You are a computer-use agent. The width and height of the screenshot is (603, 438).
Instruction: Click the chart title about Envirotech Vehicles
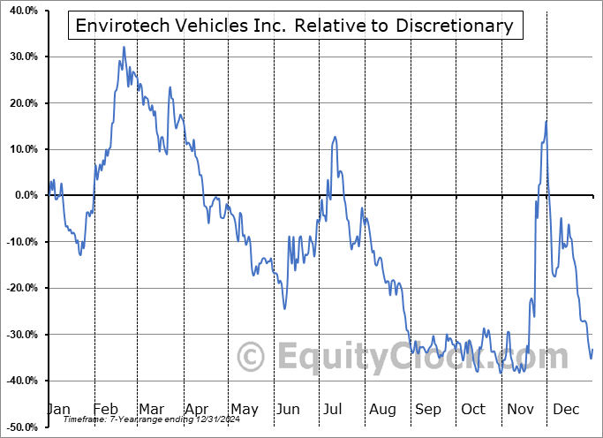[x=295, y=26]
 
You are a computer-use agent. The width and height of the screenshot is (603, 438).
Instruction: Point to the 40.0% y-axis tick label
[x=19, y=11]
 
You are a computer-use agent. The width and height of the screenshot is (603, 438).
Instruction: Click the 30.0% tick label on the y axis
[x=19, y=57]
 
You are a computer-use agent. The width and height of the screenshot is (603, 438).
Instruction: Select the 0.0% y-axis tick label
[x=22, y=195]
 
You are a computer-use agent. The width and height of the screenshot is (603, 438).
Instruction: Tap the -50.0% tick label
[x=19, y=427]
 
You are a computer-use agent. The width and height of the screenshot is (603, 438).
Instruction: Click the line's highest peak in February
[x=123, y=47]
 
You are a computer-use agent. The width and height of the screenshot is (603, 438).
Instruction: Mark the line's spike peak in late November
[x=546, y=121]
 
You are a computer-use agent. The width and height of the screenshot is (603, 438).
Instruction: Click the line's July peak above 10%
[x=334, y=138]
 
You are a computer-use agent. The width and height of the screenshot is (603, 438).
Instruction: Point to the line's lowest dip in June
[x=284, y=308]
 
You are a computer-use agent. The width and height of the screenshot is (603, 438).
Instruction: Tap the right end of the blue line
[x=592, y=350]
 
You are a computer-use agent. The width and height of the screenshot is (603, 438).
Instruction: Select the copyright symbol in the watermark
[x=252, y=357]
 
